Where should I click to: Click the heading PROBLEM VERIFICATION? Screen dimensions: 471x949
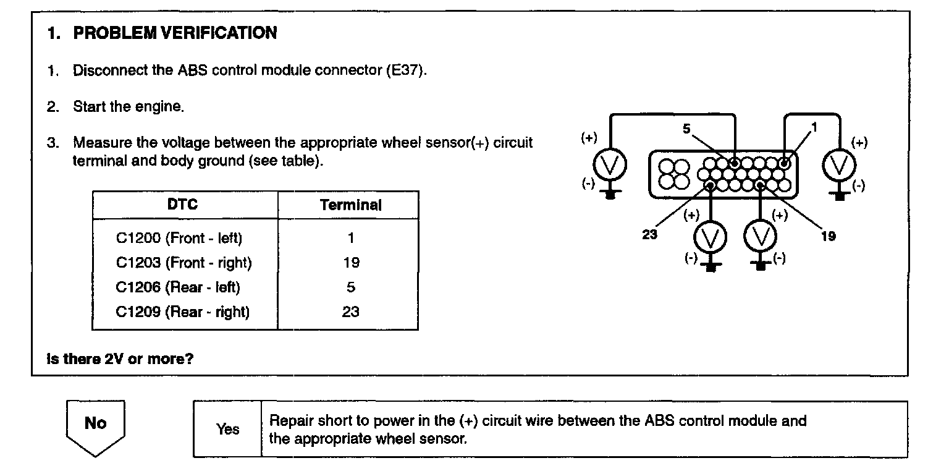pyautogui.click(x=175, y=33)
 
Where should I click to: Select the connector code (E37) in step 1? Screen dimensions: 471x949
pyautogui.click(x=406, y=70)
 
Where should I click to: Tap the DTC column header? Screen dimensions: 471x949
pyautogui.click(x=183, y=204)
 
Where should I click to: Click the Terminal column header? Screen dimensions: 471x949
pyautogui.click(x=350, y=205)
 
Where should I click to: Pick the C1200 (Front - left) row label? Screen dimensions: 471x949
pyautogui.click(x=179, y=238)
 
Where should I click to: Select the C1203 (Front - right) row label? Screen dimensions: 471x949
pyautogui.click(x=183, y=263)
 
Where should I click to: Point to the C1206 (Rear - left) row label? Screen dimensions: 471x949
pyautogui.click(x=178, y=287)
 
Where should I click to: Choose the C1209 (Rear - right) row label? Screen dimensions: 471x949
pyautogui.click(x=182, y=312)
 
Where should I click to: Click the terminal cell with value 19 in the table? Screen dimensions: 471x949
pyautogui.click(x=350, y=263)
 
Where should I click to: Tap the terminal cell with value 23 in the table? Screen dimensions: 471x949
pyautogui.click(x=350, y=312)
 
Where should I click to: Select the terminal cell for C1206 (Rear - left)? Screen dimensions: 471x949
pyautogui.click(x=350, y=287)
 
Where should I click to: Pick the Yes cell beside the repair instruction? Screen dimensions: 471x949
pyautogui.click(x=227, y=429)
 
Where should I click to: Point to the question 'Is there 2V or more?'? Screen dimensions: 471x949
pyautogui.click(x=120, y=359)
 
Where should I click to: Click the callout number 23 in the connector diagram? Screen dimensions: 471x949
pyautogui.click(x=649, y=235)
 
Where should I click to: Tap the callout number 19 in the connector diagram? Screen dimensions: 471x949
pyautogui.click(x=828, y=235)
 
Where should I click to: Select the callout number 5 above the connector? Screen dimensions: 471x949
pyautogui.click(x=686, y=129)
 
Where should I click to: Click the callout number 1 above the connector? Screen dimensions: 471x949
pyautogui.click(x=814, y=127)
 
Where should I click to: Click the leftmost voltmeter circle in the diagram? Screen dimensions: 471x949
pyautogui.click(x=610, y=164)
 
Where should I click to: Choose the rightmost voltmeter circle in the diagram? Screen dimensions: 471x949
pyautogui.click(x=839, y=164)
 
